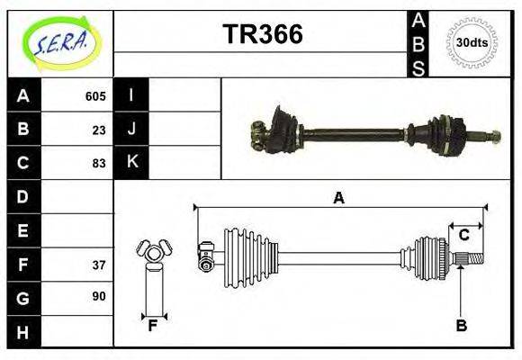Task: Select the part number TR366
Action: [x=262, y=34]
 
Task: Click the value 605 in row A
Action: [x=95, y=96]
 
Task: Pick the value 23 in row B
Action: [x=99, y=130]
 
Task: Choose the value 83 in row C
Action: [x=99, y=163]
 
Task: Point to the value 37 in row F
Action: [x=99, y=265]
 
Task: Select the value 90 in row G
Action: [x=99, y=296]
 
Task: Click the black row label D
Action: [x=22, y=196]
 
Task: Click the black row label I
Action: [x=131, y=95]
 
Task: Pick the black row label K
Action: [x=131, y=163]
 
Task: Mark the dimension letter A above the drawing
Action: [x=338, y=198]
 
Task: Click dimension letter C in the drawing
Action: [x=463, y=236]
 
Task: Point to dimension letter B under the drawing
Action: [x=461, y=326]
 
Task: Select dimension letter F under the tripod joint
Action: [x=153, y=326]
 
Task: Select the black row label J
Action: [x=131, y=130]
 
